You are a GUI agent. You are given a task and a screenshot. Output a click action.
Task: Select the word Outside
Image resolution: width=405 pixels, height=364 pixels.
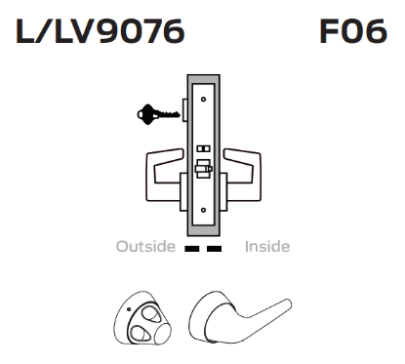click(146, 246)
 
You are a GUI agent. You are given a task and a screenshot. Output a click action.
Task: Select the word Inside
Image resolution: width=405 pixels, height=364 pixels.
click(267, 246)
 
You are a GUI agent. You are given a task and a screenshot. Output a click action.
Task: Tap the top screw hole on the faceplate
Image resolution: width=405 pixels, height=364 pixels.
click(202, 100)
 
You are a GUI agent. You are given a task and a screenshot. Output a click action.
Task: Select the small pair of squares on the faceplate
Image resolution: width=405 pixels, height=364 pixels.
click(202, 148)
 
